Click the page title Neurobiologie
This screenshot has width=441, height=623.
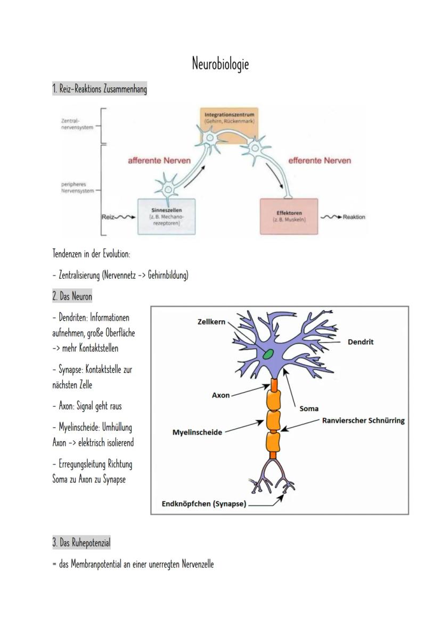coord(220,64)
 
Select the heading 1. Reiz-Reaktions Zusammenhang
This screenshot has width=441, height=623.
coord(100,89)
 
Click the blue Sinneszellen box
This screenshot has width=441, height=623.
coord(167,217)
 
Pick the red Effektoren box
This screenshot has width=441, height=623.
coord(289,216)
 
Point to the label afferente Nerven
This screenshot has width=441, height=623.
coord(159,161)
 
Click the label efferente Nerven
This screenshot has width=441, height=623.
coord(320,160)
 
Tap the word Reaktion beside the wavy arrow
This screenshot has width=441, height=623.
coord(354,217)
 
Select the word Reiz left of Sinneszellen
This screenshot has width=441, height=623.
coord(108,217)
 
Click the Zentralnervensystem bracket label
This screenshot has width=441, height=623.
coord(74,124)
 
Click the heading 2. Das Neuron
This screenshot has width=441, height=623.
coord(72,296)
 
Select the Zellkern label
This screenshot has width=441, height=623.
coord(211,322)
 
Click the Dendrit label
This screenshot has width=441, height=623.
coord(361,342)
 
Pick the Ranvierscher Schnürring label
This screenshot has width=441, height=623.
coord(363,420)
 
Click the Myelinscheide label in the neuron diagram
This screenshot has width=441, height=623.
coord(197,433)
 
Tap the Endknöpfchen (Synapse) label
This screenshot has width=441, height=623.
coord(204,504)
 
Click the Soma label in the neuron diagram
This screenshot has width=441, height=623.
coord(309,409)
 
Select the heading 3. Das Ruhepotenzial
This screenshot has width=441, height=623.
coord(81,543)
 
